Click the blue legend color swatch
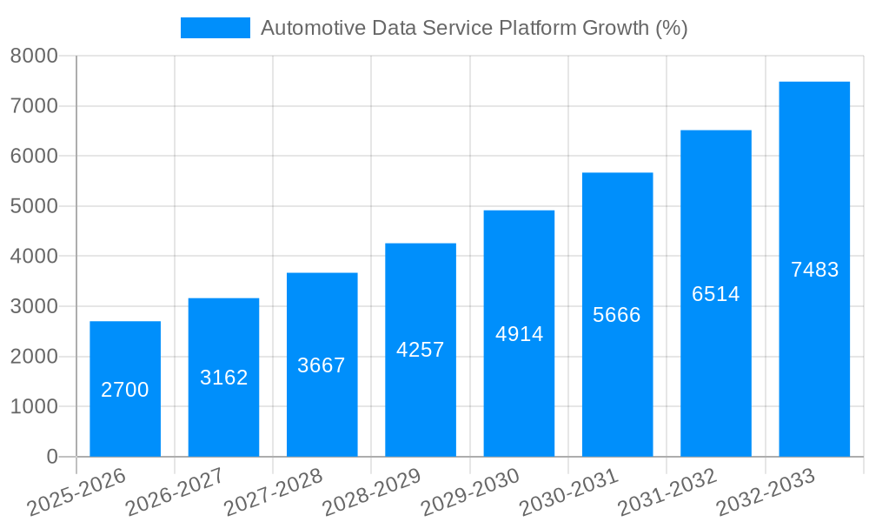(215, 28)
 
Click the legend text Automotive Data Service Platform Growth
(474, 28)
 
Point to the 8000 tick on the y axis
(34, 57)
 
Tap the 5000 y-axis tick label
(34, 207)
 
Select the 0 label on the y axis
(51, 457)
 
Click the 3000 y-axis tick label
(34, 307)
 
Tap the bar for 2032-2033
(814, 269)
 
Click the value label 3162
(223, 378)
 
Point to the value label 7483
(814, 270)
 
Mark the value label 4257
(421, 350)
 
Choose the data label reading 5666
(617, 315)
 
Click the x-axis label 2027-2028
(274, 492)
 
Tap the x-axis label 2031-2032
(667, 492)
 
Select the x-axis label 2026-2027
(176, 492)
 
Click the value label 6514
(716, 294)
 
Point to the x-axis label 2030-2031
(569, 492)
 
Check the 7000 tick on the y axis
(34, 107)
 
